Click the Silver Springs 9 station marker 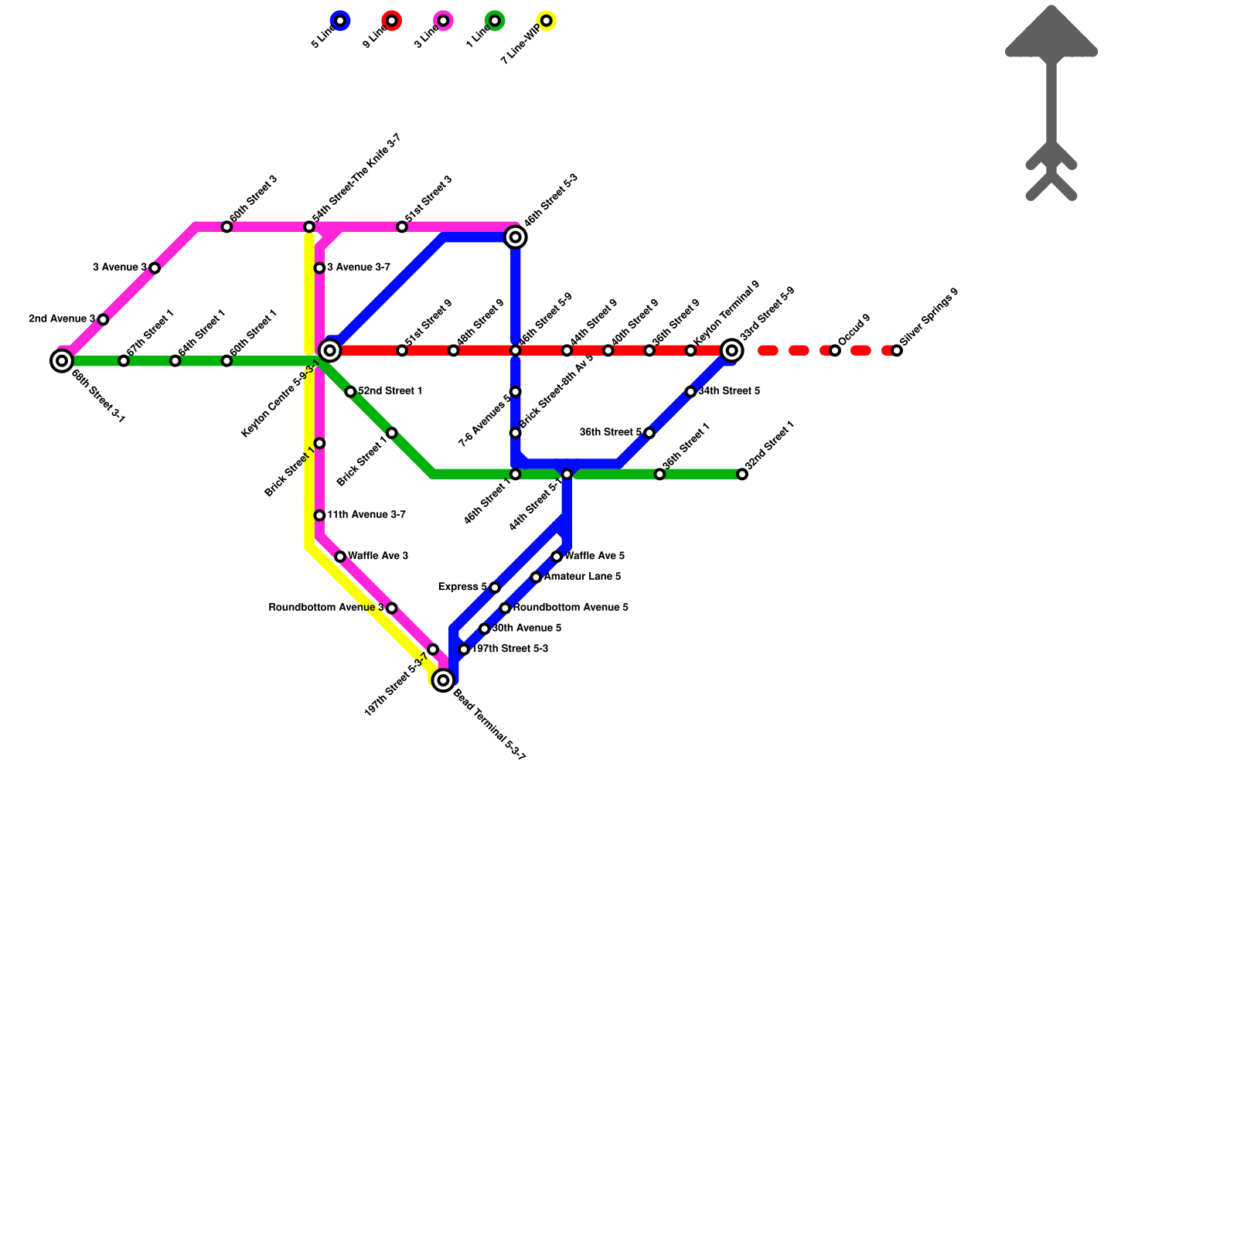pyautogui.click(x=897, y=351)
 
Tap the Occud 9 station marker pyautogui.click(x=835, y=351)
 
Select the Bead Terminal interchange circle pyautogui.click(x=443, y=680)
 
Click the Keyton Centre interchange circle pyautogui.click(x=330, y=351)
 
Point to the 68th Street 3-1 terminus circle pyautogui.click(x=62, y=360)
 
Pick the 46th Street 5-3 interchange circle pyautogui.click(x=516, y=237)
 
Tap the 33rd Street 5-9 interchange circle pyautogui.click(x=732, y=351)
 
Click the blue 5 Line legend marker pyautogui.click(x=340, y=21)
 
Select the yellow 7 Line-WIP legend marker pyautogui.click(x=547, y=21)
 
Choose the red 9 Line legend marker pyautogui.click(x=392, y=21)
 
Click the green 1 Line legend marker pyautogui.click(x=495, y=21)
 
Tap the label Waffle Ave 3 pyautogui.click(x=378, y=556)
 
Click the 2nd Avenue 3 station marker pyautogui.click(x=103, y=319)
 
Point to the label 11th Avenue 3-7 pyautogui.click(x=366, y=515)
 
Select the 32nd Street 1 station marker pyautogui.click(x=742, y=474)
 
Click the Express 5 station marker pyautogui.click(x=495, y=588)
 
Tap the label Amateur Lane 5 pyautogui.click(x=582, y=577)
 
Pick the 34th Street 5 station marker pyautogui.click(x=690, y=392)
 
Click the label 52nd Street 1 pyautogui.click(x=390, y=391)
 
